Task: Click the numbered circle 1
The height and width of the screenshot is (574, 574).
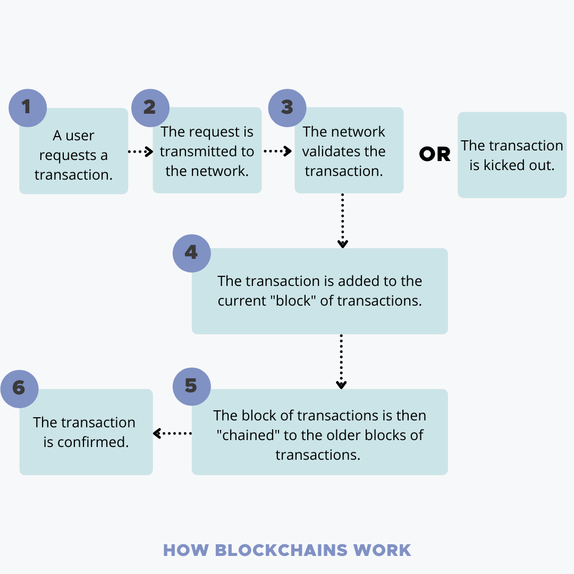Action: point(28,108)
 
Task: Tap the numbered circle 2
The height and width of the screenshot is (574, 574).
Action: point(150,108)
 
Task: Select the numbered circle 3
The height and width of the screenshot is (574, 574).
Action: point(288,108)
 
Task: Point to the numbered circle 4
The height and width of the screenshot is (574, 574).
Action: point(192,254)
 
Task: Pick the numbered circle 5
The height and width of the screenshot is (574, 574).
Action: point(192,386)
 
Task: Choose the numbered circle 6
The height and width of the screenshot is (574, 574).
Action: point(20,389)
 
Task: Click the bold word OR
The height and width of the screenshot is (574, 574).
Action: point(435,154)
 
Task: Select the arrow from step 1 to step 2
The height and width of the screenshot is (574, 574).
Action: point(140,151)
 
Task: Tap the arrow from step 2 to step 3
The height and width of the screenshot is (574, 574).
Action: point(278,151)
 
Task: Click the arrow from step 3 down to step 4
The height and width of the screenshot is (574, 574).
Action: point(343,221)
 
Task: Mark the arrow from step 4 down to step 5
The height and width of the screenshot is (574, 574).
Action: point(341,361)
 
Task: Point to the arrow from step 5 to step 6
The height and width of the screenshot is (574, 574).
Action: point(172,434)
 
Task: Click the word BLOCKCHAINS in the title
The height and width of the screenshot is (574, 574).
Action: point(281,550)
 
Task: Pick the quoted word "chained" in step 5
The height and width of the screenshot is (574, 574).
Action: point(248,435)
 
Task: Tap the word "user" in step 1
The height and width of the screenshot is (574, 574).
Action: point(80,136)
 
